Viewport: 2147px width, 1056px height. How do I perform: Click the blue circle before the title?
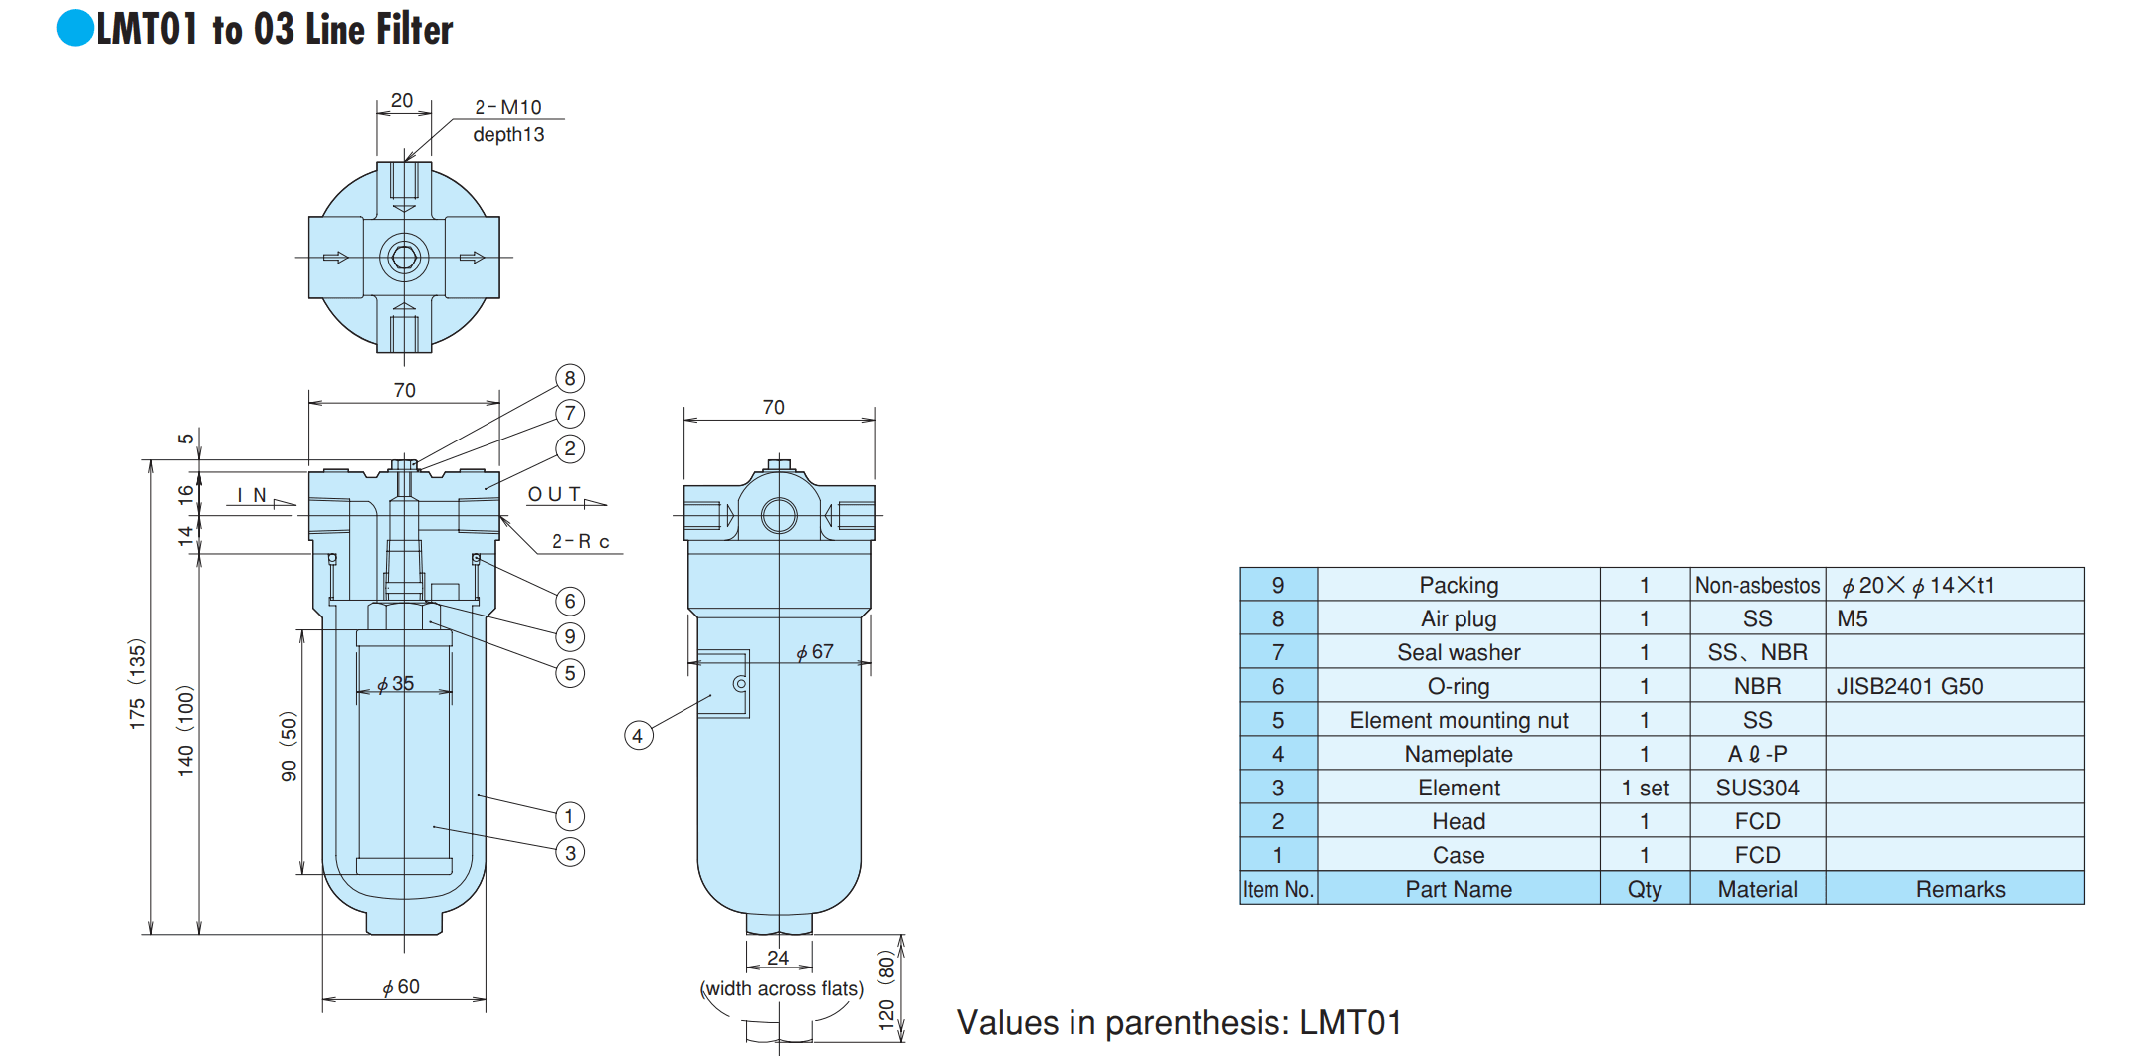point(75,28)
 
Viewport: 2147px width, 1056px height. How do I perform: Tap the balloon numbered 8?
point(570,378)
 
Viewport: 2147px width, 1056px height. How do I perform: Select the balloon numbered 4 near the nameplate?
point(638,736)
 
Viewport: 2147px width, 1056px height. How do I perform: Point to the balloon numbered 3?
point(570,852)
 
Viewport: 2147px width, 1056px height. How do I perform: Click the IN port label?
point(252,495)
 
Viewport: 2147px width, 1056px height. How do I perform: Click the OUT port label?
point(554,494)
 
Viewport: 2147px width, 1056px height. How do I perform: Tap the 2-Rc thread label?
point(581,541)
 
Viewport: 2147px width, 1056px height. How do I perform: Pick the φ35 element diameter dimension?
point(395,684)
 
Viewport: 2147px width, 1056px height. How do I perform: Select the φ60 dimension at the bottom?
point(401,987)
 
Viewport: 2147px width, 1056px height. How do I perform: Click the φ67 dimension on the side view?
point(814,652)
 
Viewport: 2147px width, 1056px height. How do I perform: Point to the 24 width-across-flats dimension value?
point(778,957)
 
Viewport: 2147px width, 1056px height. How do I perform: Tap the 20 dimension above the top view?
point(402,100)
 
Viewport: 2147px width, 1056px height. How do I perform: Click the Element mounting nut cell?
point(1459,720)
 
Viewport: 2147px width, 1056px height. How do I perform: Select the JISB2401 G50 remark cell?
point(1955,686)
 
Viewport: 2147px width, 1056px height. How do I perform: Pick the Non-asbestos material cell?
point(1758,585)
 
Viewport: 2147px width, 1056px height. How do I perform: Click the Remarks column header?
point(1955,889)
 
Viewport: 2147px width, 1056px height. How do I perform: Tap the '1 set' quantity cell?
point(1646,788)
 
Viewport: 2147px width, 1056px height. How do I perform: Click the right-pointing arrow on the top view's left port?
point(336,258)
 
